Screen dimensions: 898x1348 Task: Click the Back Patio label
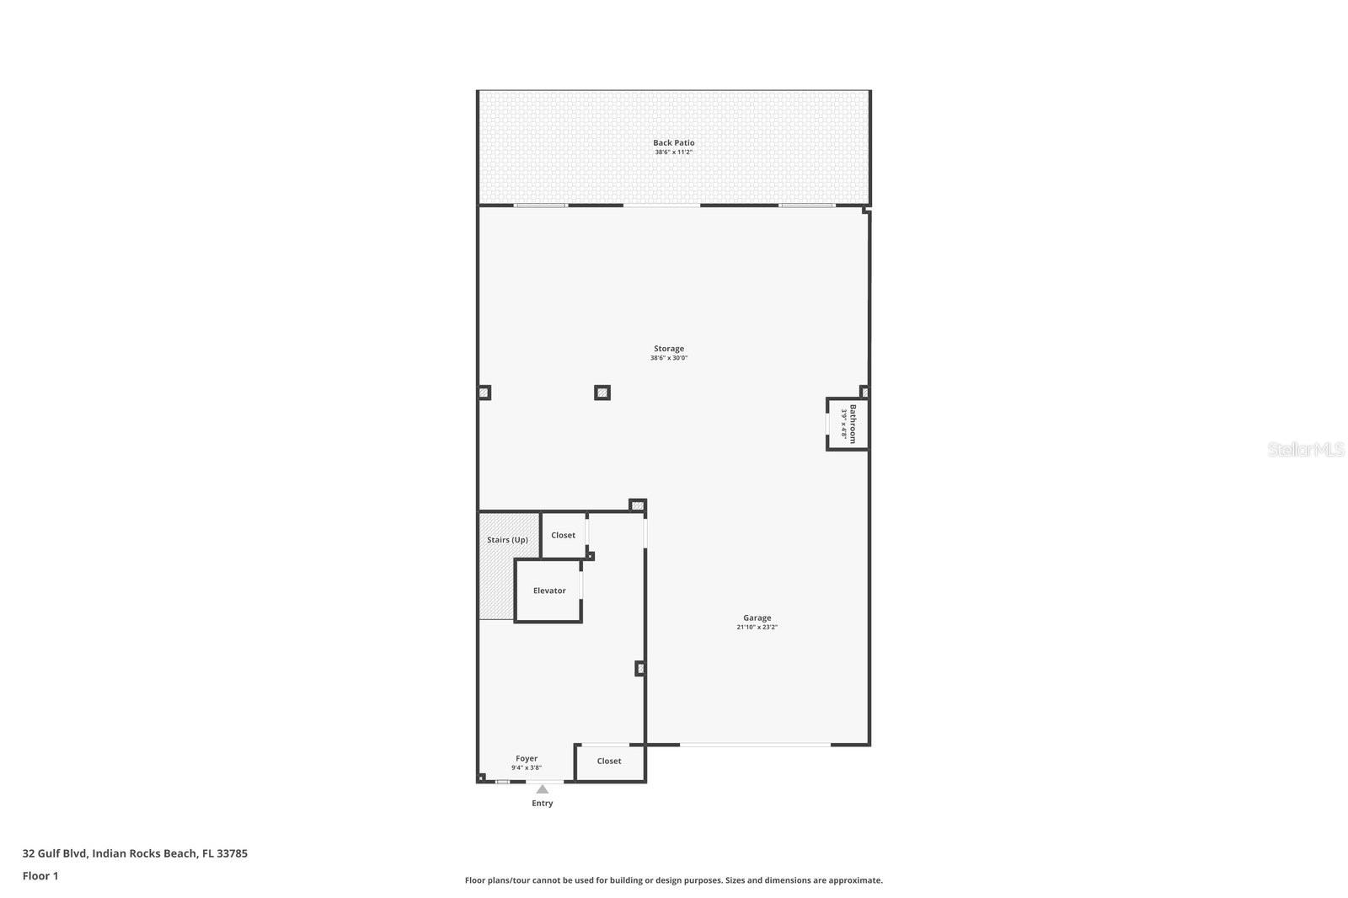(x=673, y=142)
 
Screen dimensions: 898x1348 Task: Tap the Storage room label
(x=669, y=348)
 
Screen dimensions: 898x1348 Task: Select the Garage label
(x=757, y=617)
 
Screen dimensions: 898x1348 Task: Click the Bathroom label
(x=853, y=424)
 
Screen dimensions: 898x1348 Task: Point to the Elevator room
(x=548, y=591)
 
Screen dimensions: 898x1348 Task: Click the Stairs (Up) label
(x=507, y=540)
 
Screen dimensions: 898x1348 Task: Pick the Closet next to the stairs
(x=563, y=535)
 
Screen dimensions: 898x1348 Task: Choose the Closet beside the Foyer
(x=609, y=761)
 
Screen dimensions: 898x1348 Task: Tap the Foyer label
(x=527, y=758)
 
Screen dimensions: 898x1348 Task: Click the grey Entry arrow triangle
(x=543, y=789)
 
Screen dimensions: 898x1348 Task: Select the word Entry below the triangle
(x=543, y=804)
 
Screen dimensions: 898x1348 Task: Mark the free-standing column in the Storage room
(x=602, y=393)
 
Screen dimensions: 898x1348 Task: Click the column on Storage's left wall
(x=484, y=393)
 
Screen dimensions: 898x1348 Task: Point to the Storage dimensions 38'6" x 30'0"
(x=669, y=358)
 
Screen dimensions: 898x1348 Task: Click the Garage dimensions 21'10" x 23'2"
(x=757, y=628)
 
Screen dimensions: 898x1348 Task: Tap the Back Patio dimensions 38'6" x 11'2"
(x=673, y=152)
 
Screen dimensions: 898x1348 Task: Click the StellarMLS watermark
(x=1306, y=450)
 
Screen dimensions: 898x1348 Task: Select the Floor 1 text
(x=40, y=876)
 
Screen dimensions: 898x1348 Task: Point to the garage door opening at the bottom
(x=755, y=745)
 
